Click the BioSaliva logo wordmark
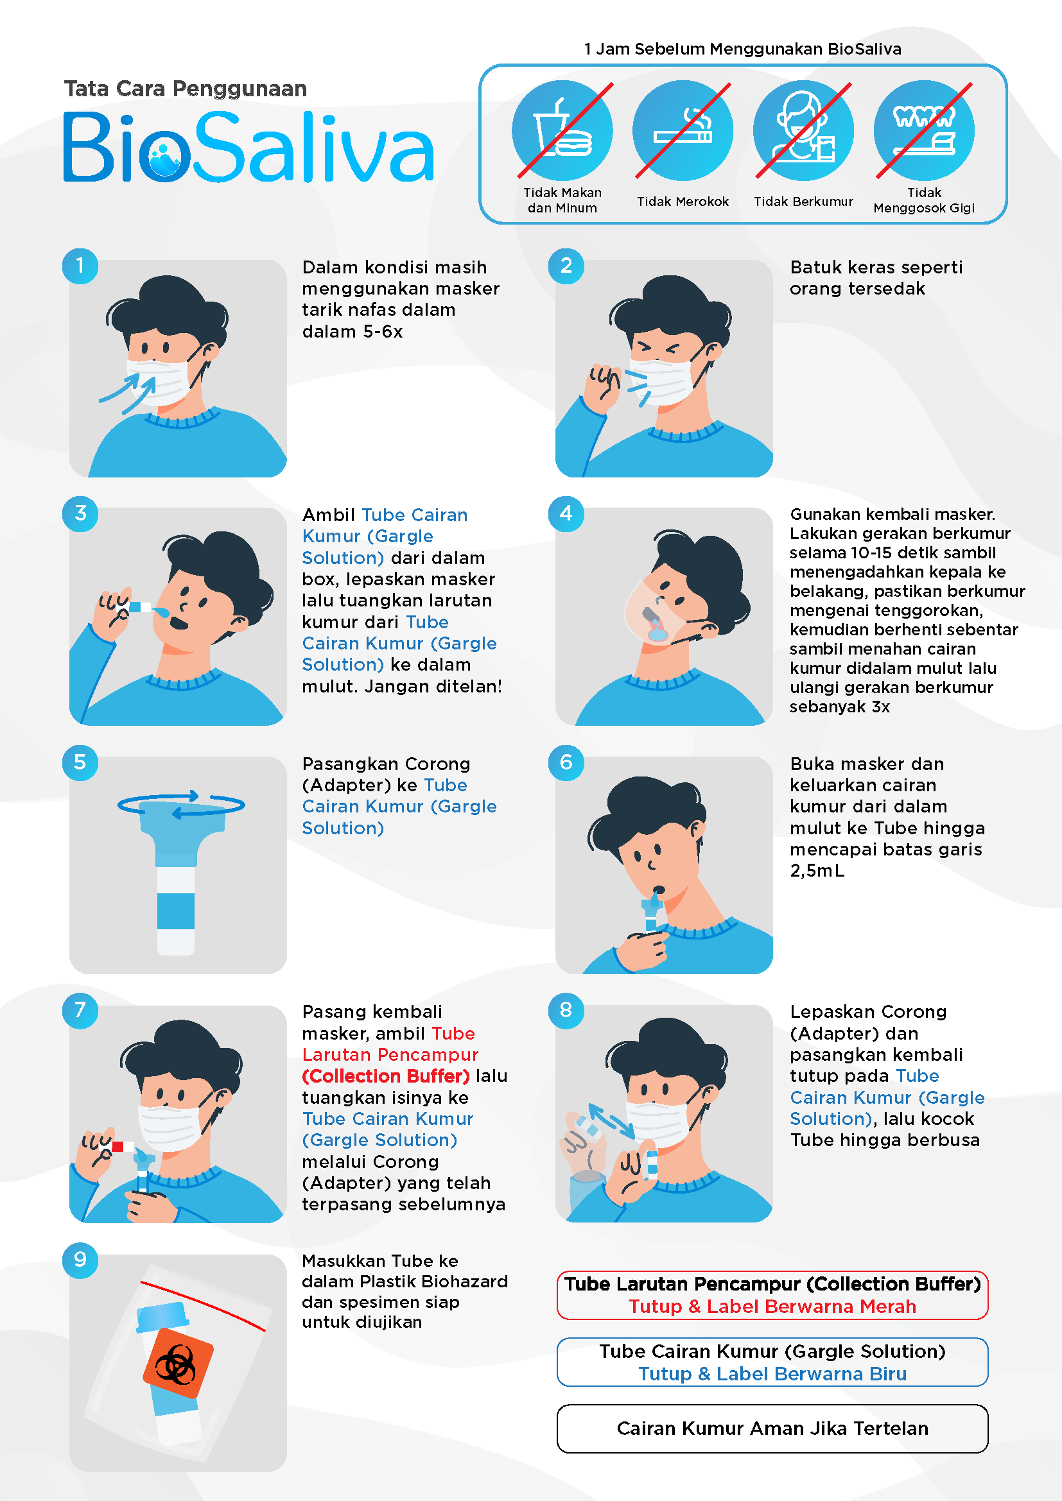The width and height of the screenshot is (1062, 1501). point(248,147)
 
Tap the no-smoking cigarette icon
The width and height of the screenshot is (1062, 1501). point(683,131)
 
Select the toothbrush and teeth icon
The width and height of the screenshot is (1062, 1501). point(924,131)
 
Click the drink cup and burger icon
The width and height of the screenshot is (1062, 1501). point(562,131)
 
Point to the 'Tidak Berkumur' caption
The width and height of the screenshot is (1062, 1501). point(803,202)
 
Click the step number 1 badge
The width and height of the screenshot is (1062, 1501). point(80,266)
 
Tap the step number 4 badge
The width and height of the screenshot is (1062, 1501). point(566,513)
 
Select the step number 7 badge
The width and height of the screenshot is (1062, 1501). point(80,1010)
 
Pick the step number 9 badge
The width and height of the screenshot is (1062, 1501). point(80,1259)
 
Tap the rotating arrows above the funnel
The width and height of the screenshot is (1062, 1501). point(181,804)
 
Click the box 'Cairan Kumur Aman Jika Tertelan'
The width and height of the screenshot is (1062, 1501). point(772,1428)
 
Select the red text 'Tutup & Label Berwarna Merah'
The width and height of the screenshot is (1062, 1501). point(772,1306)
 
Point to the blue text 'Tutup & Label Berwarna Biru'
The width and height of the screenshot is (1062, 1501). point(772,1373)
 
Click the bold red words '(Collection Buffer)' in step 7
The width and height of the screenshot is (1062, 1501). point(386,1076)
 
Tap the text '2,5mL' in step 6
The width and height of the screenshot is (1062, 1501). point(817,871)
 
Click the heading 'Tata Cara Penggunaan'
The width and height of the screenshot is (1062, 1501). point(186,89)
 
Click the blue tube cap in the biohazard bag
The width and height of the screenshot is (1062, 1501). point(162,1317)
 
